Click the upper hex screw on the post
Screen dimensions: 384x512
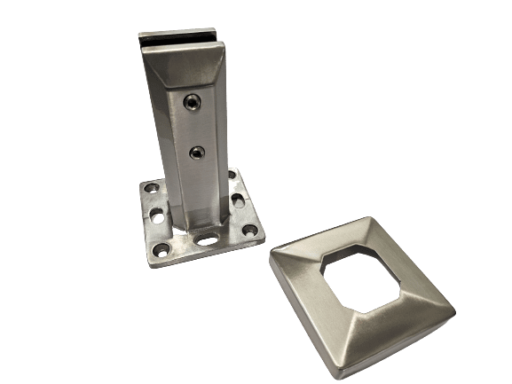[193, 104]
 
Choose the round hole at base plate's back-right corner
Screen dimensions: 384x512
[236, 177]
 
